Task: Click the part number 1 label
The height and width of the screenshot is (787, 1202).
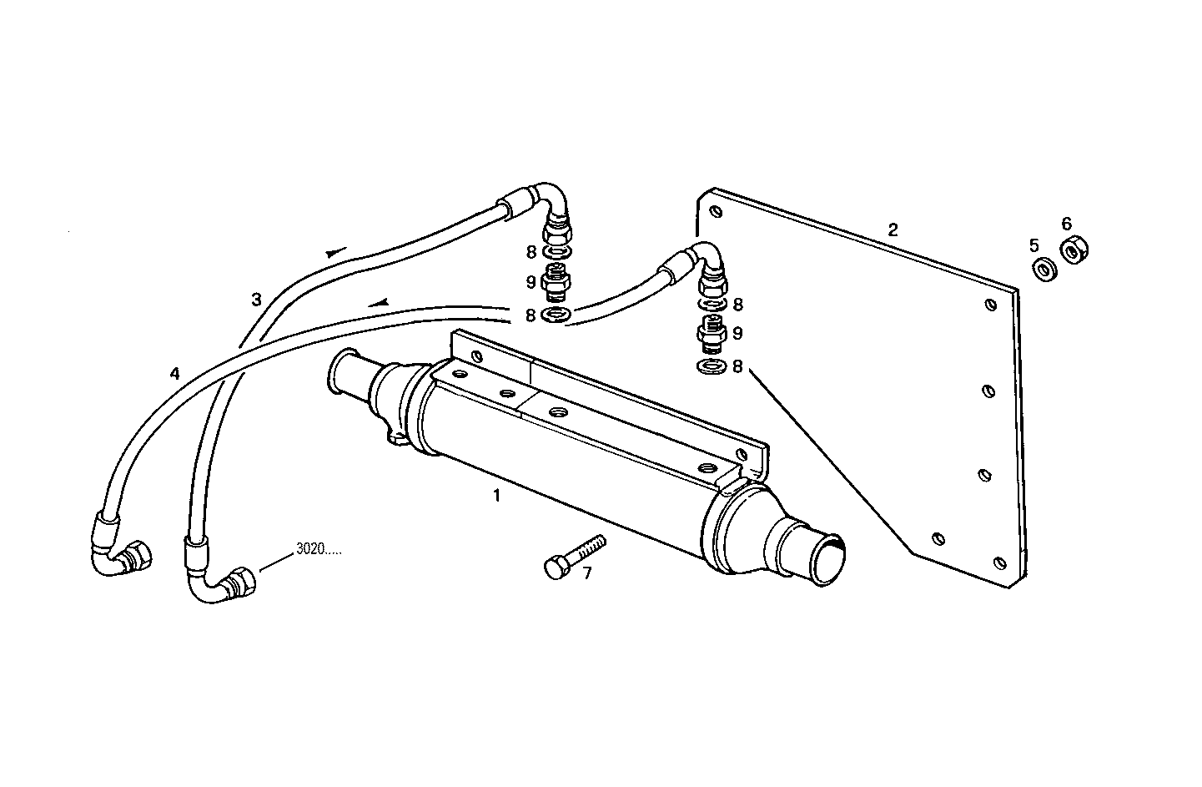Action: pyautogui.click(x=496, y=495)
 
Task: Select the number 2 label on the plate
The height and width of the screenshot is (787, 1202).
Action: pyautogui.click(x=893, y=230)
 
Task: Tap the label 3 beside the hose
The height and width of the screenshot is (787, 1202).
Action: pyautogui.click(x=257, y=299)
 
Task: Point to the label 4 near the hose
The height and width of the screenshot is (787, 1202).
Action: pyautogui.click(x=174, y=374)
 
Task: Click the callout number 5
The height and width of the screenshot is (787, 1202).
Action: pyautogui.click(x=1034, y=245)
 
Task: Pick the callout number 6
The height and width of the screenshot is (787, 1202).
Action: pyautogui.click(x=1066, y=224)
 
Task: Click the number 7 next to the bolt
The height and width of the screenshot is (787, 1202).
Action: pyautogui.click(x=587, y=574)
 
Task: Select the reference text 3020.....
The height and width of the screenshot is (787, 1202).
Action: pyautogui.click(x=318, y=551)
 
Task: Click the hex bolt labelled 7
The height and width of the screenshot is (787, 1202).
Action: pyautogui.click(x=567, y=557)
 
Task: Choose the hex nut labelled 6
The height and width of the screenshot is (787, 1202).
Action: pyautogui.click(x=1073, y=249)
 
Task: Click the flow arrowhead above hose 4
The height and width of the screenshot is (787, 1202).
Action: pyautogui.click(x=380, y=302)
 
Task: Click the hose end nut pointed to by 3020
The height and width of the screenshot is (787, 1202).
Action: pyautogui.click(x=240, y=582)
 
